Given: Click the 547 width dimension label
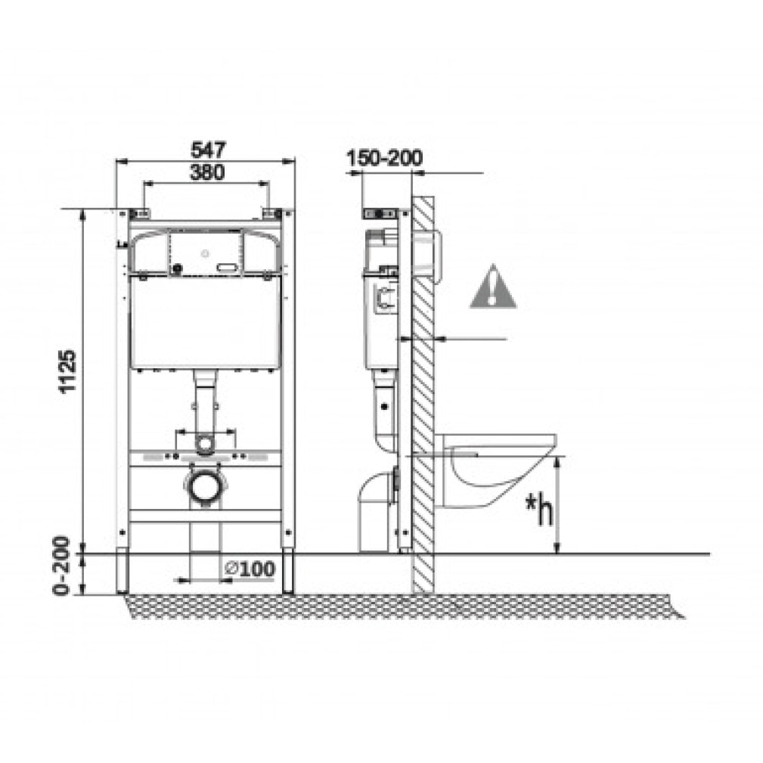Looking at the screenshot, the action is coord(208,150).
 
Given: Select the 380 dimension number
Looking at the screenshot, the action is coord(206,172).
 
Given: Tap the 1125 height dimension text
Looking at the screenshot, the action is coord(67,371).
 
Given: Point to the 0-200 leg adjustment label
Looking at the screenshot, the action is coord(62,566).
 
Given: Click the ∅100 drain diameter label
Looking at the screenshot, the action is coord(250,569).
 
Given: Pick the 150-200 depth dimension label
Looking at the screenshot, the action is coord(384,157).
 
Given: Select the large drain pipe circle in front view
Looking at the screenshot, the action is coord(204,486).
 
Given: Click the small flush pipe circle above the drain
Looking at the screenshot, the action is coord(204,443).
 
